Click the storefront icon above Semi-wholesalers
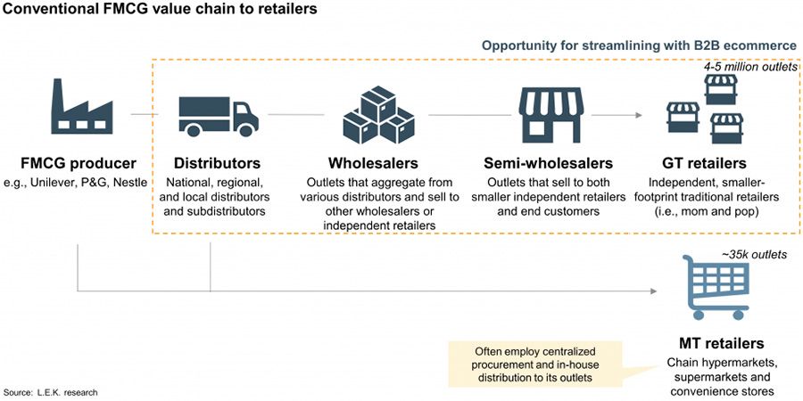tap(548, 114)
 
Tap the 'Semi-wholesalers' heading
tap(548, 164)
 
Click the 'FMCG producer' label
tap(79, 164)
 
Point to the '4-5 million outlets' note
tap(747, 67)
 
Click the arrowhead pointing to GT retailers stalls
tap(640, 115)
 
